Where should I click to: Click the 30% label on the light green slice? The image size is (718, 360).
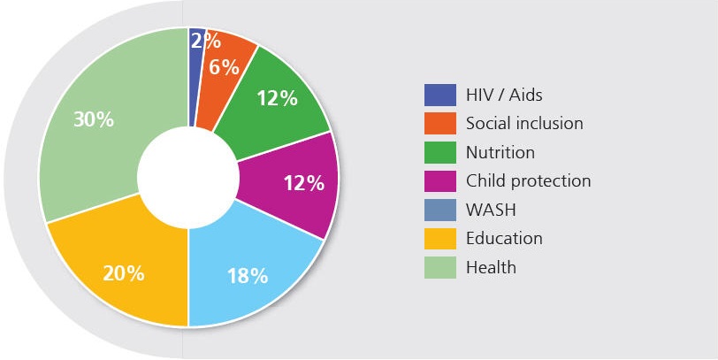point(93,119)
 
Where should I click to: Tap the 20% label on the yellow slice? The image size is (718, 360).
point(123,272)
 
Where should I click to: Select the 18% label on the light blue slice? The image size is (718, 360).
point(247,275)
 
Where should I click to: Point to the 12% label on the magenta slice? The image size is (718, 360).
point(303,184)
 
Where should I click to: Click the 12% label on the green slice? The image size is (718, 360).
point(276,98)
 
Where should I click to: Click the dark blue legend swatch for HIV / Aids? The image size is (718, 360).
point(439,95)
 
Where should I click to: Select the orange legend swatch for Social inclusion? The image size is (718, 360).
point(439,123)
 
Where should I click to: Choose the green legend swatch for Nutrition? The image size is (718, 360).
point(439,152)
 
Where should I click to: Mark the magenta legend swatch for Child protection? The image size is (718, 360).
point(439,180)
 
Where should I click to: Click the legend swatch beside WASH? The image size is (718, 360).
point(439,210)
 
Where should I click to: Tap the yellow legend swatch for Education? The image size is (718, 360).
point(439,238)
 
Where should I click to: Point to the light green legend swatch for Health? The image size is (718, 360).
point(439,266)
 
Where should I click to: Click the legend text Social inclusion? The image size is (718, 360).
point(524,123)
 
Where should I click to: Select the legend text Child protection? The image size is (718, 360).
point(528,180)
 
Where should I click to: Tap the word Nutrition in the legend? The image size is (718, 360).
point(500,152)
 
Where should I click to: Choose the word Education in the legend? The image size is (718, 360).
point(504,238)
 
